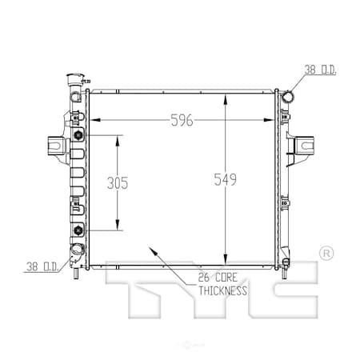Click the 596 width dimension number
pos(182,120)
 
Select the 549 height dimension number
pos(226,179)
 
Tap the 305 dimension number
pos(118,183)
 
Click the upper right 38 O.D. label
pos(320,70)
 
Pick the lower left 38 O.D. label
pos(42,266)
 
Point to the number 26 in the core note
pos(204,278)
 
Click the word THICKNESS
pos(222,290)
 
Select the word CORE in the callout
pos(226,278)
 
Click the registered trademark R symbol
pos(326,254)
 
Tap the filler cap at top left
pos(75,79)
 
